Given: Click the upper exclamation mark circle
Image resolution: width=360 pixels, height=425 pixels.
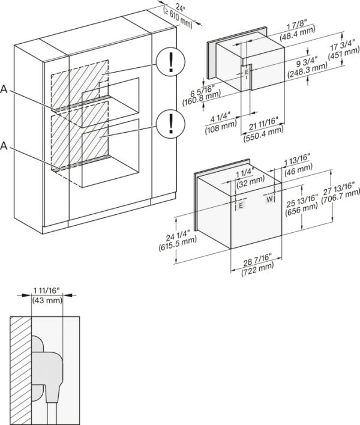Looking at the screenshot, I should click(170, 62).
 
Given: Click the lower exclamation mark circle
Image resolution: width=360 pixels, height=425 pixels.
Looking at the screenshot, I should click(170, 124).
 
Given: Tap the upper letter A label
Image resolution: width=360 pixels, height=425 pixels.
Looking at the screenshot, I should click(5, 90).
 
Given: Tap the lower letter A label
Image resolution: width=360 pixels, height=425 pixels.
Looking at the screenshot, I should click(5, 145).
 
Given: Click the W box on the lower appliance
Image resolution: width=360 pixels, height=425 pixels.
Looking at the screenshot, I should click(269, 199).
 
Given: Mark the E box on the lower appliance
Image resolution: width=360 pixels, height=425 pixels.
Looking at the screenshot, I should click(241, 205).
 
